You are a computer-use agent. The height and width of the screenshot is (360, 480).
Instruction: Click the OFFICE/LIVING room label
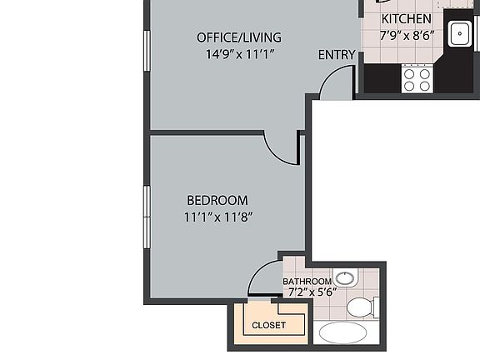[x=238, y=37]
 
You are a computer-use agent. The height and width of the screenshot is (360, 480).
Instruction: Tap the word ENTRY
[x=337, y=55]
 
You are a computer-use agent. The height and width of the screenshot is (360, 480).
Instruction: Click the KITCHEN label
[x=406, y=19]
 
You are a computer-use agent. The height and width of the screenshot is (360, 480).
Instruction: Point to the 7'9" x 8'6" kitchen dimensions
[x=407, y=36]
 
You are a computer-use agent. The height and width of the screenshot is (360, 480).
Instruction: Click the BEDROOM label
[x=217, y=200]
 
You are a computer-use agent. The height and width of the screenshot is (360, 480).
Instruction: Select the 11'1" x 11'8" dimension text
[x=217, y=217]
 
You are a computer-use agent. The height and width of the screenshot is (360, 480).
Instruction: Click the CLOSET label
[x=268, y=325]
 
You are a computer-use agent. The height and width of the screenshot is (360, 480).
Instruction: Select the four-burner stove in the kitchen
[x=417, y=79]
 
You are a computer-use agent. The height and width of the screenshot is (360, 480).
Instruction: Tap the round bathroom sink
[x=345, y=277]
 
